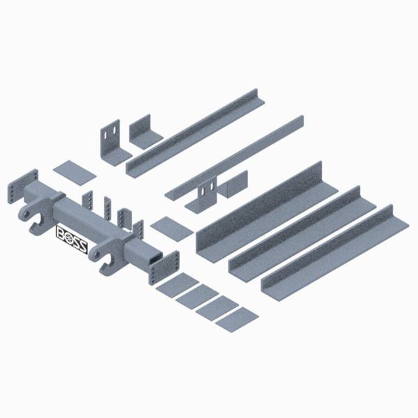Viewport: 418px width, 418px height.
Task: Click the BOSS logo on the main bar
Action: click(x=72, y=239)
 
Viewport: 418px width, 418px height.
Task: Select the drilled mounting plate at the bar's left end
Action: click(x=23, y=186)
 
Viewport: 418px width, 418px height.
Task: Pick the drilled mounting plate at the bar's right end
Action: click(x=164, y=268)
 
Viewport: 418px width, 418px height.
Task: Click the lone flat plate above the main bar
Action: click(x=75, y=173)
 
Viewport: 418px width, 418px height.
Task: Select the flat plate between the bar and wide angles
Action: click(x=171, y=229)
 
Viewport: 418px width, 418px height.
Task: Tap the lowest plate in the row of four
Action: click(x=237, y=319)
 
